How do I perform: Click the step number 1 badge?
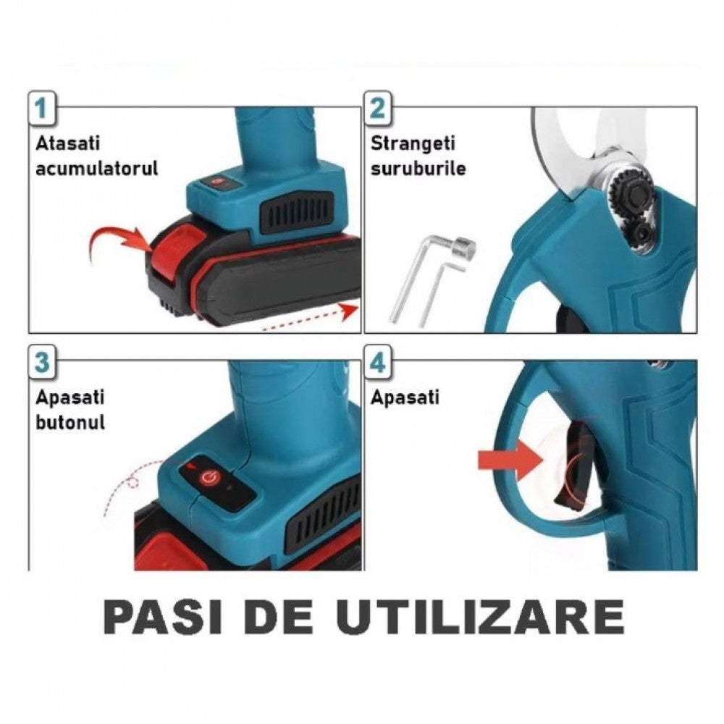43,109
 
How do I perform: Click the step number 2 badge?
377,109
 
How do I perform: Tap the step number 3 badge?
43,362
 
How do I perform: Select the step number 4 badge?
377,362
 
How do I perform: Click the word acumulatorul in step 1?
97,169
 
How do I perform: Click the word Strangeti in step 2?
417,143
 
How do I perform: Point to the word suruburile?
418,169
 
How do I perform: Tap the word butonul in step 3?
70,422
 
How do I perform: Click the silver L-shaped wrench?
427,279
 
